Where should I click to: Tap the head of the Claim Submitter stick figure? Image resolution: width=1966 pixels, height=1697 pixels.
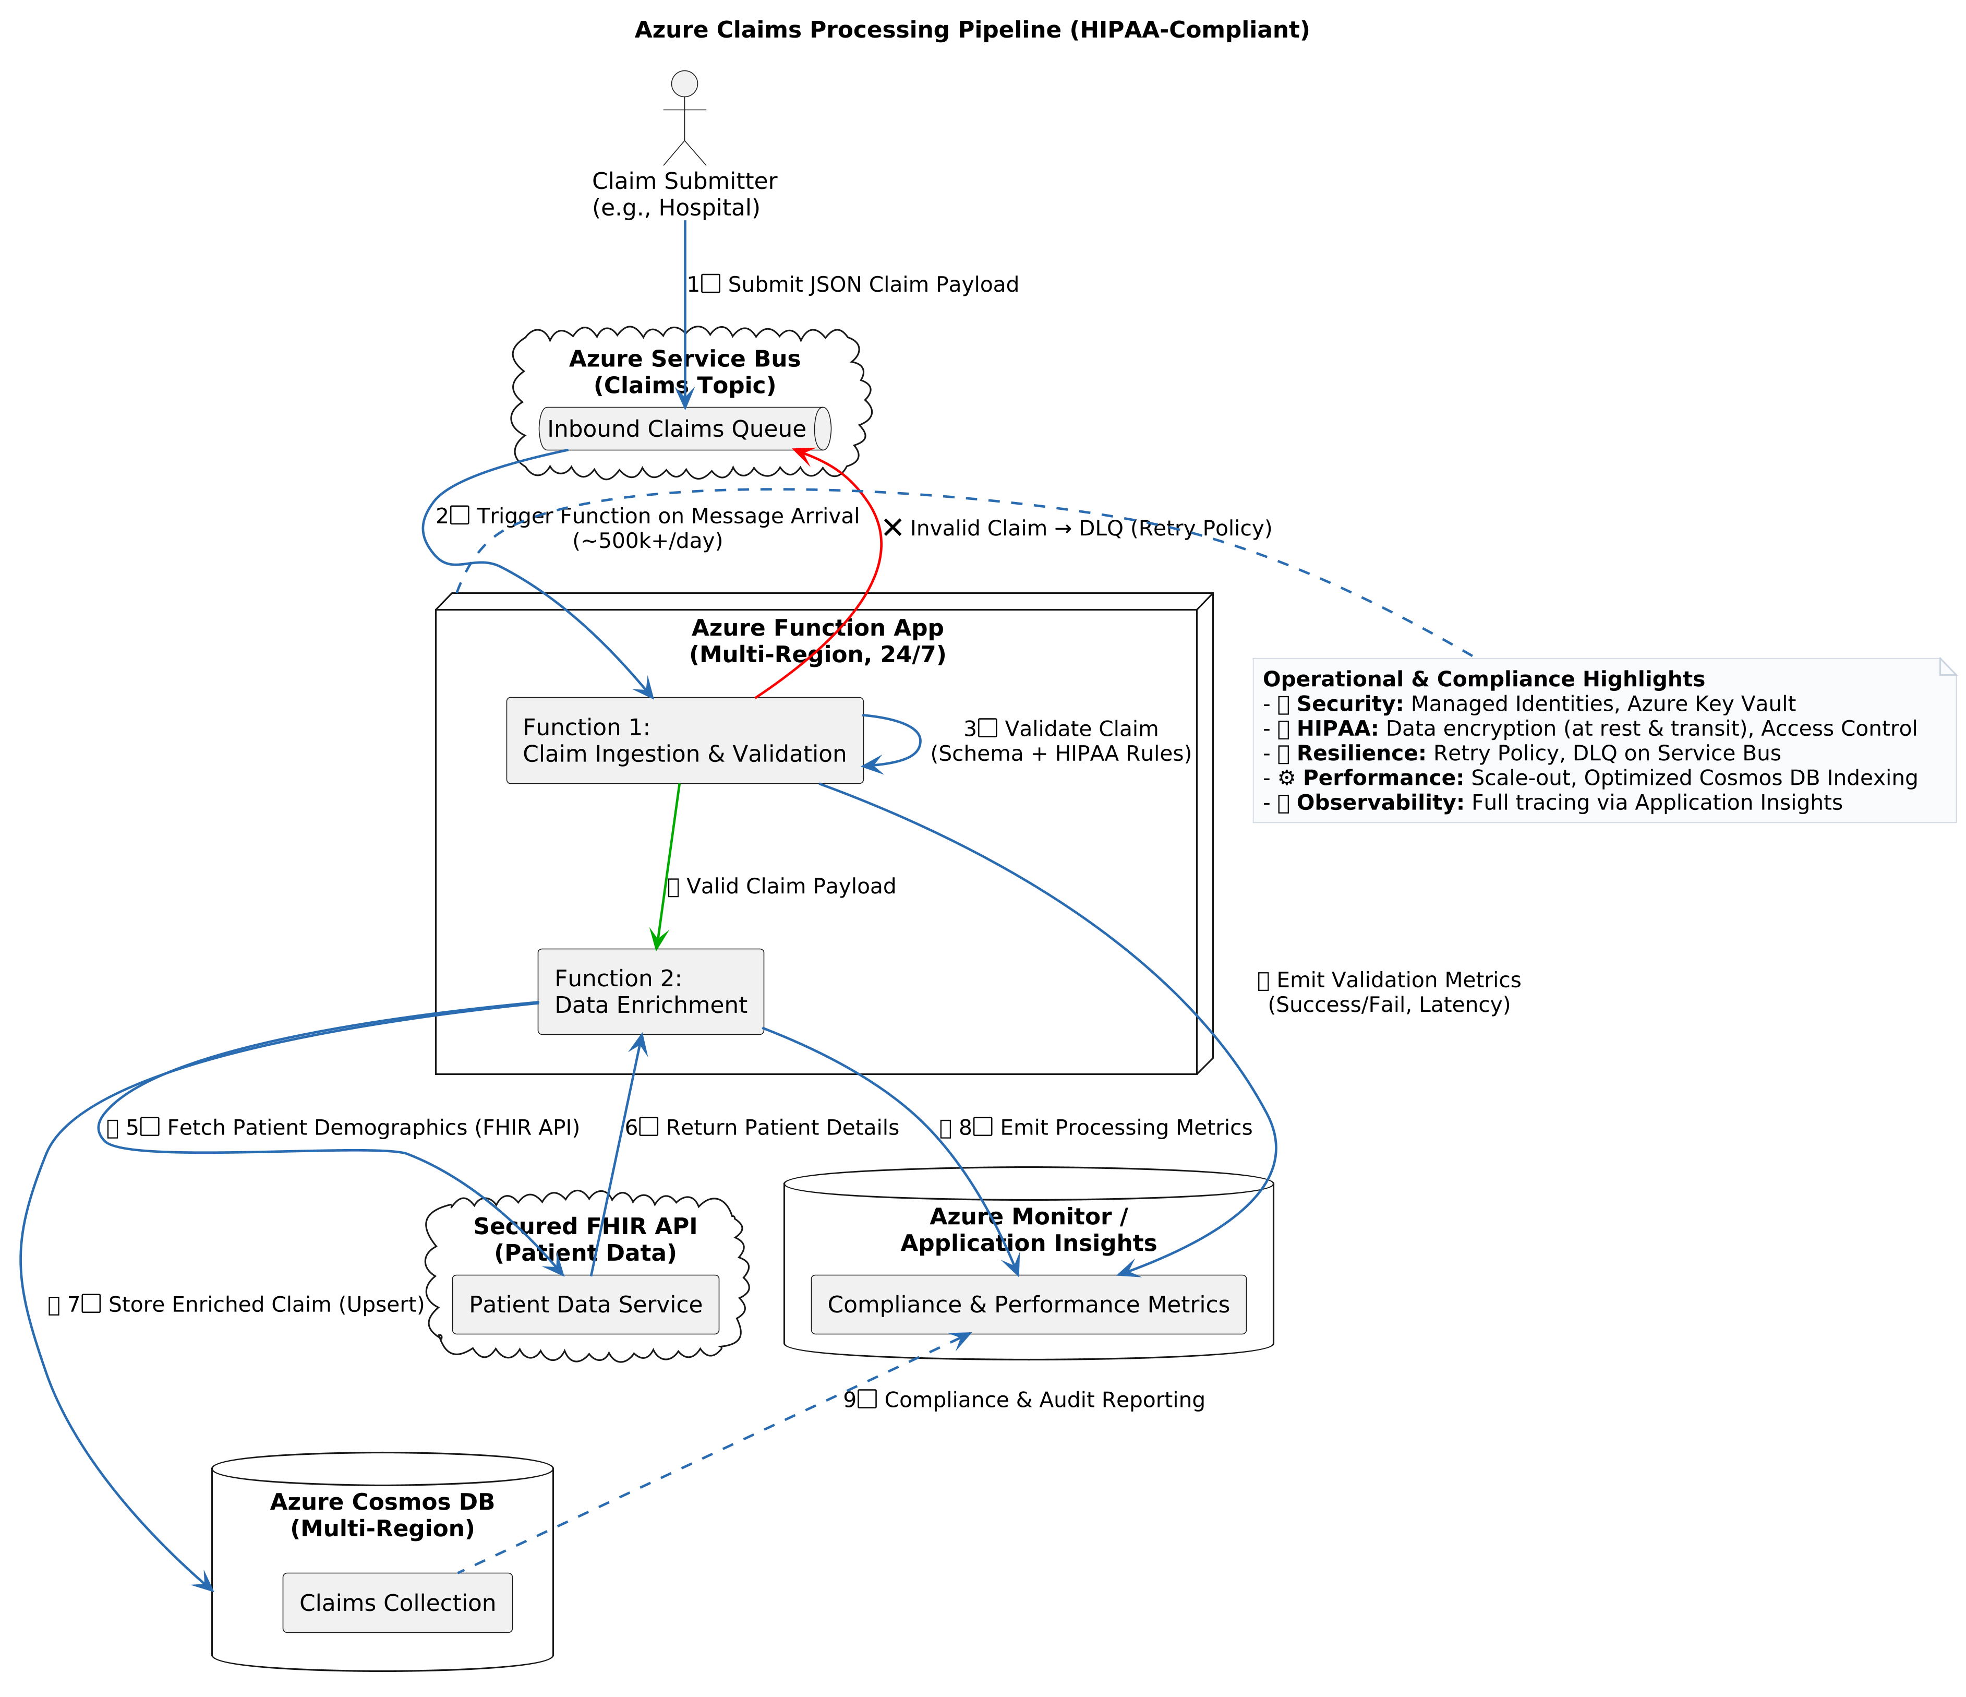click(684, 83)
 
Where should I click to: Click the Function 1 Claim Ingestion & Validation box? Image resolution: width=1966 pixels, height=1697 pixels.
click(684, 740)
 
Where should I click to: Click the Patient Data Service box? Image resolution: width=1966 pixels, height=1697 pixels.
click(585, 1304)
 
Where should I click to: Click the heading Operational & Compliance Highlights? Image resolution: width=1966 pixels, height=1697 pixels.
click(1483, 679)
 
